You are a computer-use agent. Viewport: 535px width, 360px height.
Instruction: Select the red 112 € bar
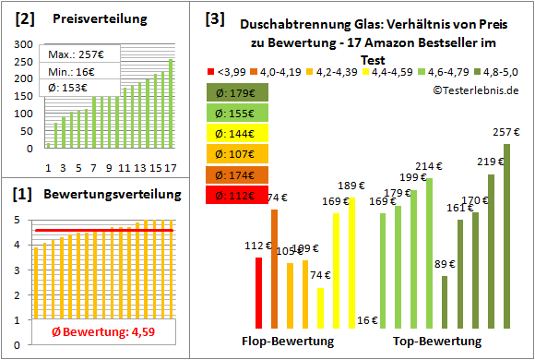259,287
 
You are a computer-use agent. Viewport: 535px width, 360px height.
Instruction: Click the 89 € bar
445,294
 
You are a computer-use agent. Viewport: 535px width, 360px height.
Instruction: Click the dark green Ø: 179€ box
238,92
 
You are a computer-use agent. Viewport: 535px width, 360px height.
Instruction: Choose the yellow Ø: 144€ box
238,133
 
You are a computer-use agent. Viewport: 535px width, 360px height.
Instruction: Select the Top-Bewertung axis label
437,342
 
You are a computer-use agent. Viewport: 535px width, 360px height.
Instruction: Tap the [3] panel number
214,18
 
